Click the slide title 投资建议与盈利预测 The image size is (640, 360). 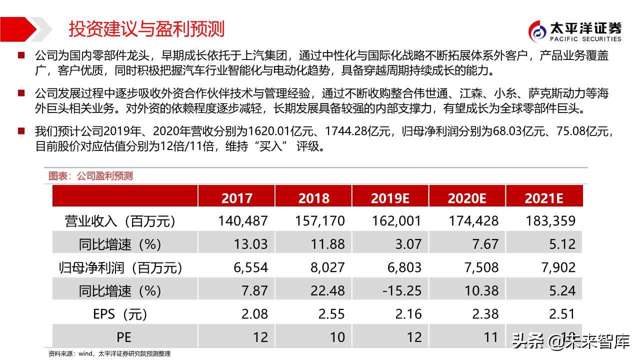(146, 29)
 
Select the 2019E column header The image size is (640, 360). (390, 197)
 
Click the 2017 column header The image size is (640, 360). (236, 197)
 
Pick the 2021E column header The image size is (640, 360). (543, 197)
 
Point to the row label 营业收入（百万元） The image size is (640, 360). (120, 220)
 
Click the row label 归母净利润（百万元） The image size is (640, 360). (120, 267)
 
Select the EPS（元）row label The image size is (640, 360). (120, 314)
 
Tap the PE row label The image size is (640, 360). (120, 337)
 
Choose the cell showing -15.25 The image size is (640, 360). (401, 290)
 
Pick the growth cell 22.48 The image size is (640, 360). (327, 290)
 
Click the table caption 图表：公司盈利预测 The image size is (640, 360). (90, 176)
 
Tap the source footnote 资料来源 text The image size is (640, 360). (109, 353)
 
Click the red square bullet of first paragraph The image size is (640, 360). (21, 55)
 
